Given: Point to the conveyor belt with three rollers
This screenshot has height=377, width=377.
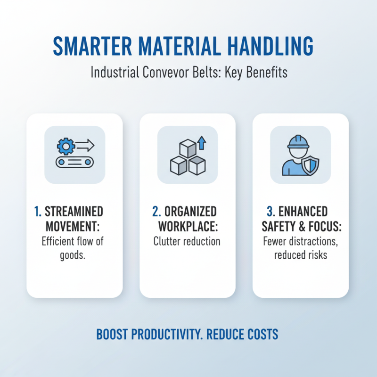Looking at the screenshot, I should (74, 162).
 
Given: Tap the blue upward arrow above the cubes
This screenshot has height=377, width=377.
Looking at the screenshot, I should (201, 142).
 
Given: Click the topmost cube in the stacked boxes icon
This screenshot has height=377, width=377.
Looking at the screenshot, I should (188, 148).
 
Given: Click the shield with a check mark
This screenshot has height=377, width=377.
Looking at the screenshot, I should (311, 164).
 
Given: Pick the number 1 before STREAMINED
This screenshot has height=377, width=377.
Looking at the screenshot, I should (38, 212).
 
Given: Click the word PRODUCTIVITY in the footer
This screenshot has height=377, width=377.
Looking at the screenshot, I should (169, 335).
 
